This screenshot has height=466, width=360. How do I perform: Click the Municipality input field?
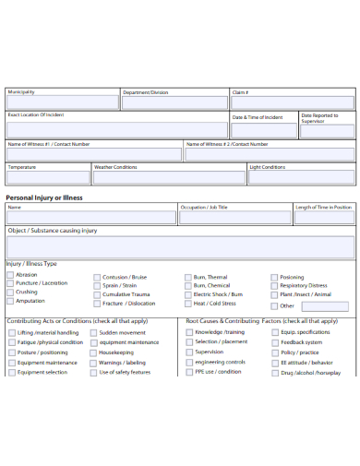pos(62,102)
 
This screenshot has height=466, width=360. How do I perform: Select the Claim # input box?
pos(292,102)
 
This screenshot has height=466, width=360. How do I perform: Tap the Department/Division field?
pos(174,102)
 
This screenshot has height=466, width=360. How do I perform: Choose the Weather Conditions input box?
pos(168,177)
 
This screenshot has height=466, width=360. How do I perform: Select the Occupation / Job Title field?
pos(234,218)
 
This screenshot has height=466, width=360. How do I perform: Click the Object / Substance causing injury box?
pos(180,246)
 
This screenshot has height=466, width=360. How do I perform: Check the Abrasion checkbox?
pos(10,275)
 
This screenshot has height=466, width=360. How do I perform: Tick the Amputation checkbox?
pos(10,301)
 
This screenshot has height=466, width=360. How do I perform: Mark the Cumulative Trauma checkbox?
pos(96,294)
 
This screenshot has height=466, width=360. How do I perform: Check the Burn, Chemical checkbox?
pos(187,286)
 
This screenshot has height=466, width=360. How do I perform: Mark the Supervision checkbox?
pos(187,352)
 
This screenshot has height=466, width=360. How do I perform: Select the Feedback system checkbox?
pos(274,342)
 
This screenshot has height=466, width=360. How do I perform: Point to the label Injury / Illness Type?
pos(31,263)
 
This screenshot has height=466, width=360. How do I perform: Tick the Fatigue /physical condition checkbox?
pos(10,342)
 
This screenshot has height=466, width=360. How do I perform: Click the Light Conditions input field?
pos(300,177)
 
